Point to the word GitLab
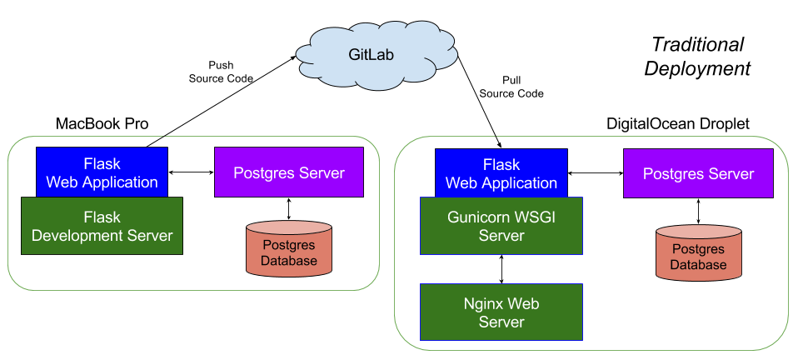tap(371, 55)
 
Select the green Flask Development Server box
tap(102, 226)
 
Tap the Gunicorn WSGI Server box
tap(501, 226)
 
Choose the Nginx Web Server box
tap(501, 312)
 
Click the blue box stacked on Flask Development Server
tap(102, 172)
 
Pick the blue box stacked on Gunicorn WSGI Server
tap(501, 173)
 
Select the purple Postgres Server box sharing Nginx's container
tap(698, 174)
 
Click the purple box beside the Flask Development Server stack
tap(288, 172)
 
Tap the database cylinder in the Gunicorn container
tap(698, 252)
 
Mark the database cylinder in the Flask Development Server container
tap(288, 249)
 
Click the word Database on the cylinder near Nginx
tap(698, 264)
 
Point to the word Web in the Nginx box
tap(524, 303)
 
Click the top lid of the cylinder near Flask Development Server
tap(288, 228)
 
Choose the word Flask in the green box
tap(102, 217)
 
